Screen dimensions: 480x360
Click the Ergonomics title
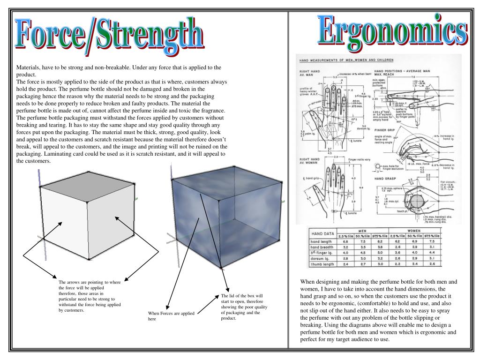(393, 29)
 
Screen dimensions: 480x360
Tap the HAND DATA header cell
(322, 233)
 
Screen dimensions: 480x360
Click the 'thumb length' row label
(322, 264)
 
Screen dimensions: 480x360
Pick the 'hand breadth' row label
(323, 247)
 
